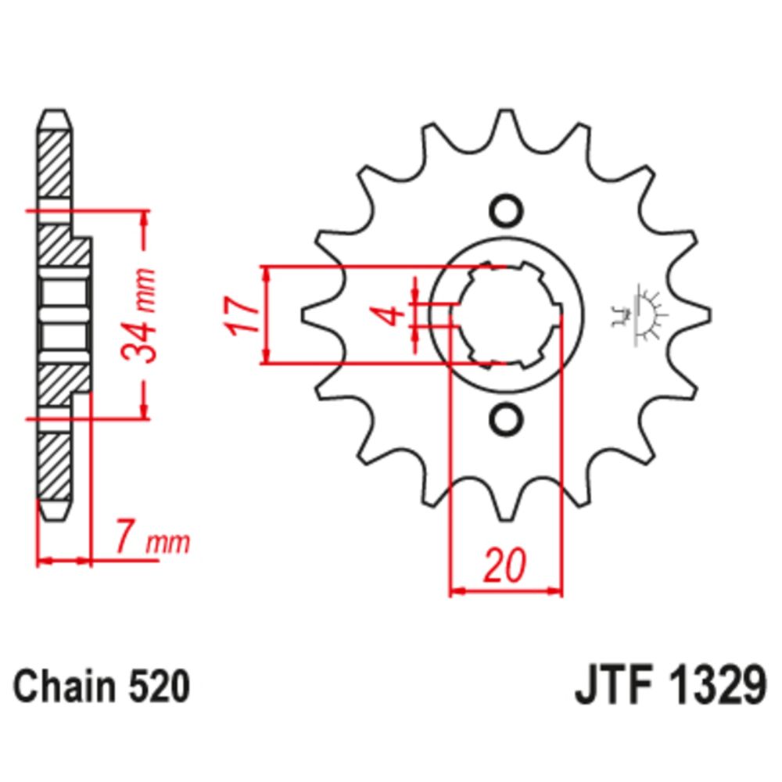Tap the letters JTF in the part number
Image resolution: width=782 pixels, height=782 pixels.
[608, 687]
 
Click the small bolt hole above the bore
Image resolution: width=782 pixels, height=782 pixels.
[505, 211]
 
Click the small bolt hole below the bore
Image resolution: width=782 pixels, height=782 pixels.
[505, 419]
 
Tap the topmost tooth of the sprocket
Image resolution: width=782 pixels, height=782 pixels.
[505, 121]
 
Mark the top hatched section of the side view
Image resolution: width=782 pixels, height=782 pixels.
[54, 164]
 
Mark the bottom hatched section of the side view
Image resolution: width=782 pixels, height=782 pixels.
[54, 465]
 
